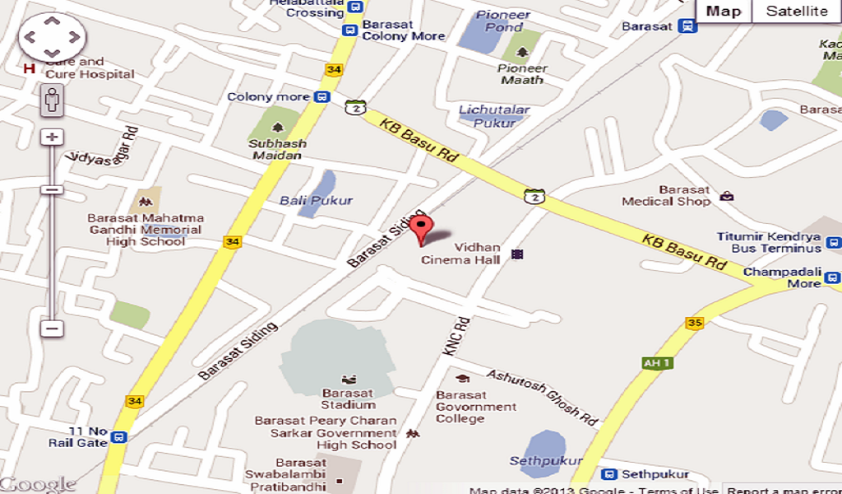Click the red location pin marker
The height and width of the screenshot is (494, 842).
tap(422, 228)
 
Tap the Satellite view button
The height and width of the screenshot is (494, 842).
tap(796, 12)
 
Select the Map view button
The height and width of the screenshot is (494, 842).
tap(724, 12)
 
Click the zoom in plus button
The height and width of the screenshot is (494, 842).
tap(53, 137)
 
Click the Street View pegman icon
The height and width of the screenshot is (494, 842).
tap(53, 100)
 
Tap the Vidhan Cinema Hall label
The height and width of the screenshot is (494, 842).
tap(460, 254)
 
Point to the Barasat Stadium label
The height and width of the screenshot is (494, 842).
tap(348, 398)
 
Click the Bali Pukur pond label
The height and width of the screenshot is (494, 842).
tap(316, 200)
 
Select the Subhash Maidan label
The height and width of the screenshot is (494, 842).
tap(279, 149)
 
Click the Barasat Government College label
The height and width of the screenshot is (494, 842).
tap(475, 407)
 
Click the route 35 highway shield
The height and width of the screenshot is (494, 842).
tap(695, 323)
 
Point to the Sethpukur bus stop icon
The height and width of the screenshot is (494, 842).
tap(609, 475)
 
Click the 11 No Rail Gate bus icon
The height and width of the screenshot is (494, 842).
tap(119, 437)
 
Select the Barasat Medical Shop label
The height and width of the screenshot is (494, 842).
tap(666, 196)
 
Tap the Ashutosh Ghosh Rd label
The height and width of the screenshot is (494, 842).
tap(542, 397)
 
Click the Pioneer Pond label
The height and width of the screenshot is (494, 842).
tap(503, 21)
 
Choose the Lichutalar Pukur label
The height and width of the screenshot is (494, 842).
tap(494, 116)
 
